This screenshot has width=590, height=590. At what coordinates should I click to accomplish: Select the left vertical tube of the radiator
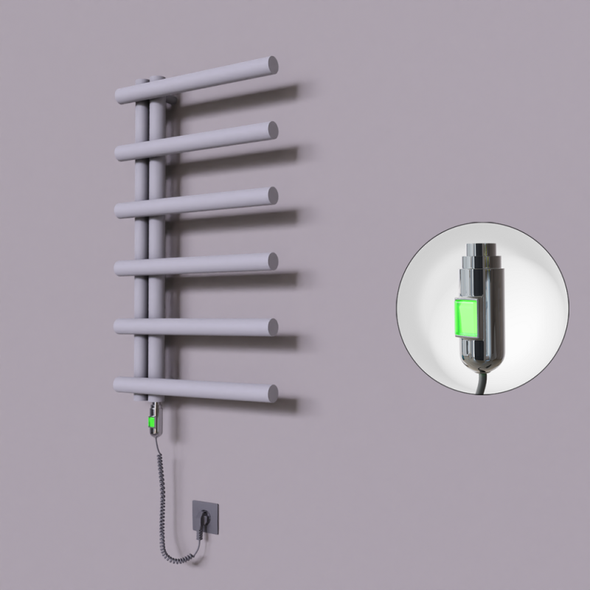click(140, 236)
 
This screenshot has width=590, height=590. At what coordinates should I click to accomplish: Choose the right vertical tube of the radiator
click(156, 236)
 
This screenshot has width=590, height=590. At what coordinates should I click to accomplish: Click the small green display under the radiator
click(153, 423)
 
